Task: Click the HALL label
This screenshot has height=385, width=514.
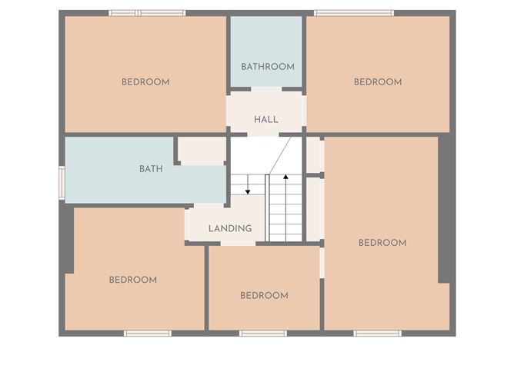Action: coord(266,119)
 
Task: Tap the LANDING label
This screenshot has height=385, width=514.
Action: coord(230,228)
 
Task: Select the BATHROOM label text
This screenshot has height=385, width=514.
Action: coord(268,67)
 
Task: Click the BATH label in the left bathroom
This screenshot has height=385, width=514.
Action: coord(151,169)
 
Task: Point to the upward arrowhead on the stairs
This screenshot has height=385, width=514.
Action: coord(285,177)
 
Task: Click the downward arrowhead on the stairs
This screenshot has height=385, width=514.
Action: coord(248,192)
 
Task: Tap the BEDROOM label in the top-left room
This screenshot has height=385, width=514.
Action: coord(145,82)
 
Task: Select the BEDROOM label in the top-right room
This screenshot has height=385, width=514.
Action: coord(378,82)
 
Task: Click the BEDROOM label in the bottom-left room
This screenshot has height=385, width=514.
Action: coord(133,280)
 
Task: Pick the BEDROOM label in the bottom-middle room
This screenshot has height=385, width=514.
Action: coord(264,296)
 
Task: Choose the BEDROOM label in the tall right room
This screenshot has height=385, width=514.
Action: coord(382,243)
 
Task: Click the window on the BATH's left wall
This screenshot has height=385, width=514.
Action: coord(62,183)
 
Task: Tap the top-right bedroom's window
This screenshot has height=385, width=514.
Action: coord(354,13)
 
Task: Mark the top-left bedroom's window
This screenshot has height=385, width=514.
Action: coord(147,13)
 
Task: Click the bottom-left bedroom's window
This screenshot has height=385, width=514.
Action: coord(148,334)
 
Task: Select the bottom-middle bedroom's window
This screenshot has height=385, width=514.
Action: coord(263,334)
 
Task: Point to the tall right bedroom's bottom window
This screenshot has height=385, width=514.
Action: coord(377,334)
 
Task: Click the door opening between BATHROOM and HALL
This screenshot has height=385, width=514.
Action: coord(266,89)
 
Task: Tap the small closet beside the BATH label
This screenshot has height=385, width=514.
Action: coord(202,151)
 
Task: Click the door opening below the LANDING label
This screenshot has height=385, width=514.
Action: coord(238,244)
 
